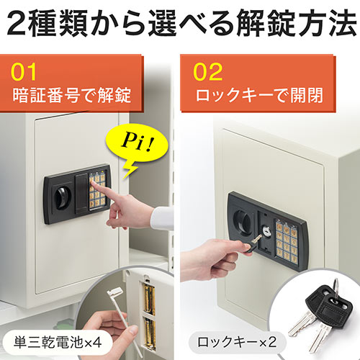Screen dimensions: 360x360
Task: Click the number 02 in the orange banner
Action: tap(210, 73)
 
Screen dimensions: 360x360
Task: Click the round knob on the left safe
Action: tap(61, 193)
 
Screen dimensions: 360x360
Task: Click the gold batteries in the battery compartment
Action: tap(148, 307)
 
